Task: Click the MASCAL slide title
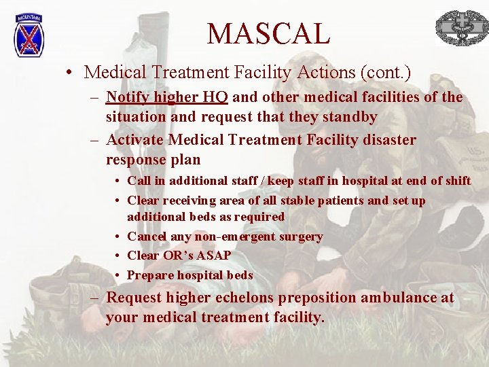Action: pyautogui.click(x=268, y=33)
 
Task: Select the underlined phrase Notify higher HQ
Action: pyautogui.click(x=167, y=97)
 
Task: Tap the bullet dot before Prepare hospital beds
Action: pyautogui.click(x=118, y=276)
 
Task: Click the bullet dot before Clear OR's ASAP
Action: pyautogui.click(x=118, y=256)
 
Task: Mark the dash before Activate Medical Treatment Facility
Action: pyautogui.click(x=94, y=140)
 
